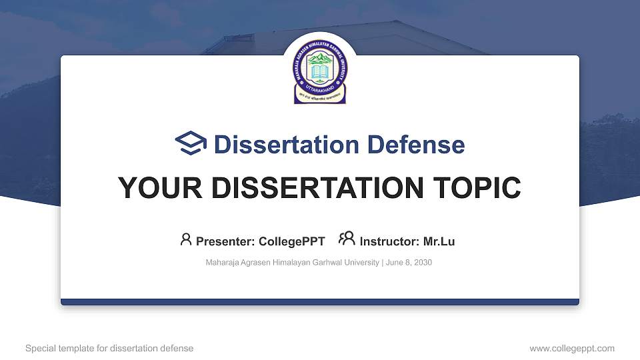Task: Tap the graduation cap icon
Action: click(x=191, y=144)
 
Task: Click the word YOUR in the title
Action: click(x=153, y=188)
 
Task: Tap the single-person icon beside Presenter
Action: click(x=186, y=239)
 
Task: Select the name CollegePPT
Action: click(x=292, y=241)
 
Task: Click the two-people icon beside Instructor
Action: click(x=347, y=239)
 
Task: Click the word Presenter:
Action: click(x=225, y=241)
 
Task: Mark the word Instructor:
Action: click(x=389, y=241)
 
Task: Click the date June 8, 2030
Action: click(x=409, y=263)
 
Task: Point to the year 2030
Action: click(x=423, y=263)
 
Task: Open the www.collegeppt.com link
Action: click(x=572, y=349)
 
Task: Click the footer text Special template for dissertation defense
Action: click(x=109, y=349)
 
